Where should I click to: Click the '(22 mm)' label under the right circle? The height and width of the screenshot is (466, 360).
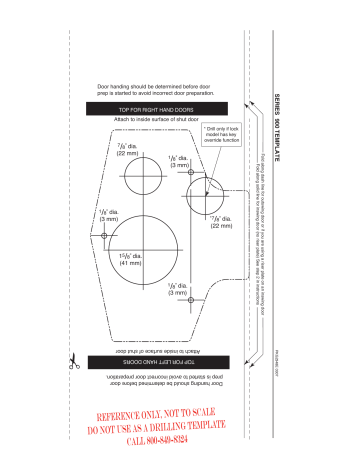pos(222,226)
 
